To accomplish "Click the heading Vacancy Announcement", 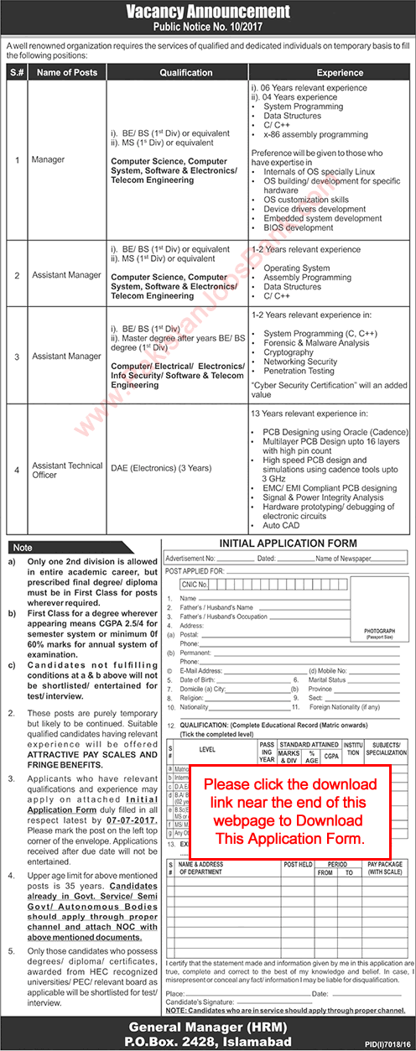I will click(x=207, y=12).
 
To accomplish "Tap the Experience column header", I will click(x=340, y=73).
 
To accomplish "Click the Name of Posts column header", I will click(x=66, y=73).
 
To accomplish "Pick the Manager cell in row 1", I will click(x=48, y=158).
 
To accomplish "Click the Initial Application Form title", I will click(x=288, y=544).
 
